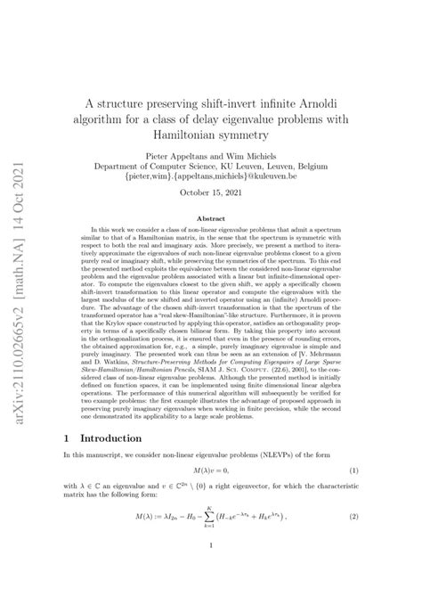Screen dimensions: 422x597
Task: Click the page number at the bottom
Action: [x=211, y=577]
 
